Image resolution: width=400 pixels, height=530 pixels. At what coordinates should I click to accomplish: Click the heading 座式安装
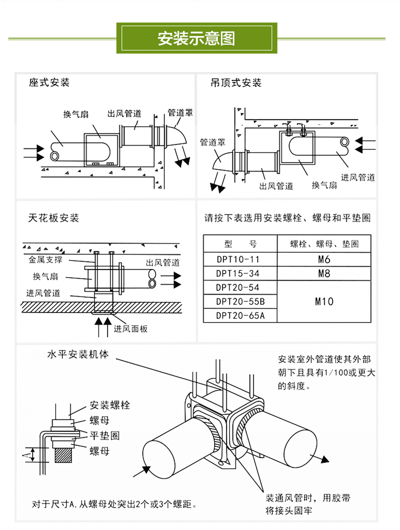tap(49, 83)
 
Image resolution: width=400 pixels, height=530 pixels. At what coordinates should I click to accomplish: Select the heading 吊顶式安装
tap(236, 83)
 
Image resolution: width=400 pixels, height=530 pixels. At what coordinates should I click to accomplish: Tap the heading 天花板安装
tap(54, 218)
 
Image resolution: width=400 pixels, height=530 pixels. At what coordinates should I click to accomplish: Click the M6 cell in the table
tap(324, 259)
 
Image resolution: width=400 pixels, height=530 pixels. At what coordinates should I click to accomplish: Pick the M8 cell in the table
tap(324, 274)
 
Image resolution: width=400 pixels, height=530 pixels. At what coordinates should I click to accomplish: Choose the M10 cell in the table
tap(324, 301)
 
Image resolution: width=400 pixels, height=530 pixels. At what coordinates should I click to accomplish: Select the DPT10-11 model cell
tap(238, 259)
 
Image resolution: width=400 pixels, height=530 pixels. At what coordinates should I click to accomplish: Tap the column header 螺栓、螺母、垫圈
tap(324, 244)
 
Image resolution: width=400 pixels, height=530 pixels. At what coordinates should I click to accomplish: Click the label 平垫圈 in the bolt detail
tap(105, 436)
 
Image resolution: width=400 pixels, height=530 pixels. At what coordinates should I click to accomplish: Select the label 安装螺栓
tap(110, 405)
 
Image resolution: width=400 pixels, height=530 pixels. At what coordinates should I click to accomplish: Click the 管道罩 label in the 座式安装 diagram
tap(180, 113)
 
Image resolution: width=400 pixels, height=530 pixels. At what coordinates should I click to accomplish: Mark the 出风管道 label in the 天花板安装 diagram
tap(163, 263)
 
